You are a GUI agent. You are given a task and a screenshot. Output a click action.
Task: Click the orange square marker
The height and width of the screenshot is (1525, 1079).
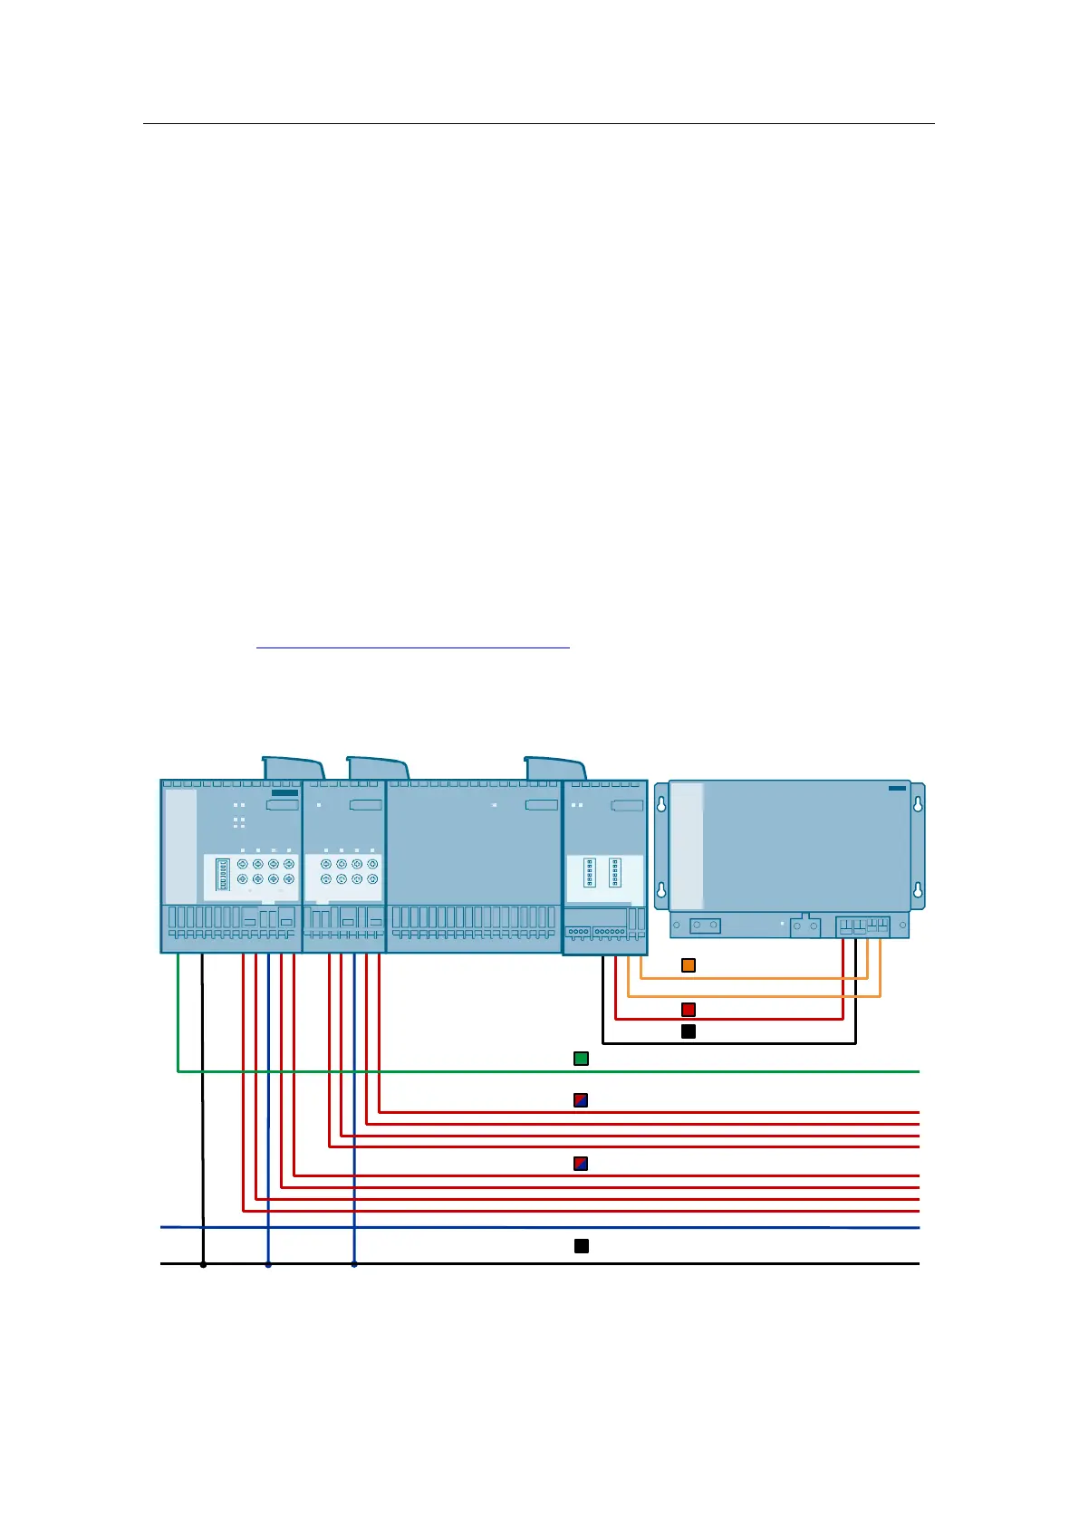(x=689, y=965)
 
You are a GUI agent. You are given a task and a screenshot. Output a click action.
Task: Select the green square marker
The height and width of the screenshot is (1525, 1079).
(x=582, y=1059)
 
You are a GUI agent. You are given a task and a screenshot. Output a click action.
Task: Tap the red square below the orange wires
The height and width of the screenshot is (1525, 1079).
(x=689, y=1010)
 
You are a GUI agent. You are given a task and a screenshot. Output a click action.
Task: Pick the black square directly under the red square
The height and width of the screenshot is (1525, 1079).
(x=689, y=1031)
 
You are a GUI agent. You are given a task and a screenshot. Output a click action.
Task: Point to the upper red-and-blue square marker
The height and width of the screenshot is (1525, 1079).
(x=582, y=1101)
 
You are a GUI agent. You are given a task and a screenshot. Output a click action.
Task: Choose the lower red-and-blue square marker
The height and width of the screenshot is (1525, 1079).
(x=582, y=1164)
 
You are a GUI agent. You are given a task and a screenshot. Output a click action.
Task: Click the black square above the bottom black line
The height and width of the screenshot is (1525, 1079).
(x=582, y=1246)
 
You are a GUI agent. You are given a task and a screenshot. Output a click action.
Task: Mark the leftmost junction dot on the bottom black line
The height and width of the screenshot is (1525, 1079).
(x=203, y=1264)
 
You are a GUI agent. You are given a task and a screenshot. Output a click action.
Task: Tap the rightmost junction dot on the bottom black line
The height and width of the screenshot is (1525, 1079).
(x=354, y=1264)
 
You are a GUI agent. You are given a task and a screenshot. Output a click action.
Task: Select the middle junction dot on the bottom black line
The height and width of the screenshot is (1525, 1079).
(x=268, y=1264)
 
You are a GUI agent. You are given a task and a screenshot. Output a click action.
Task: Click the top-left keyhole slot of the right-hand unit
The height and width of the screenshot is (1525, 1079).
(x=661, y=804)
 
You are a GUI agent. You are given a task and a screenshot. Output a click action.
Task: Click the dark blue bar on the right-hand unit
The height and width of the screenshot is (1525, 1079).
(x=897, y=788)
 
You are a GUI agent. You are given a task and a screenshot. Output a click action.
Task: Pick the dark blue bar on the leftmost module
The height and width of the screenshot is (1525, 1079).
(x=284, y=793)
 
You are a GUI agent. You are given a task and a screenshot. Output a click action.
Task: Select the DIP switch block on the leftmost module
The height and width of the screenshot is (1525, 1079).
(x=223, y=874)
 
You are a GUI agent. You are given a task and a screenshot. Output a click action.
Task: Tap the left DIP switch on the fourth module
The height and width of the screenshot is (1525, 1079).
(x=590, y=872)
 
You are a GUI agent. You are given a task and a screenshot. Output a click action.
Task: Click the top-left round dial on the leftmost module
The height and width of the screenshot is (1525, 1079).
(x=243, y=864)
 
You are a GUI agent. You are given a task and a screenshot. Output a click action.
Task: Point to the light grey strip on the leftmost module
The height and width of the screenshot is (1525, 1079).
(x=181, y=847)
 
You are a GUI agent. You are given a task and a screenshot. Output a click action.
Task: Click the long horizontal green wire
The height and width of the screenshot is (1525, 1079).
(x=544, y=1071)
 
